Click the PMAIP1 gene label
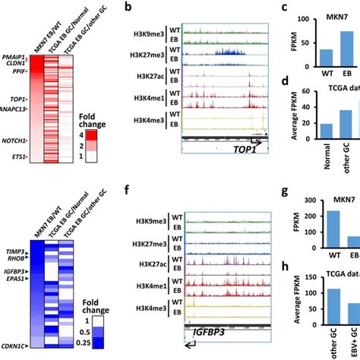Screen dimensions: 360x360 [x=13, y=58]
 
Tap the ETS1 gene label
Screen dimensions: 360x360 [x=17, y=157]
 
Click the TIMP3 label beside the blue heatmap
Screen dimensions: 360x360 [x=15, y=249]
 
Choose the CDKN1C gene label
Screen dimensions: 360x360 [x=14, y=346]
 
